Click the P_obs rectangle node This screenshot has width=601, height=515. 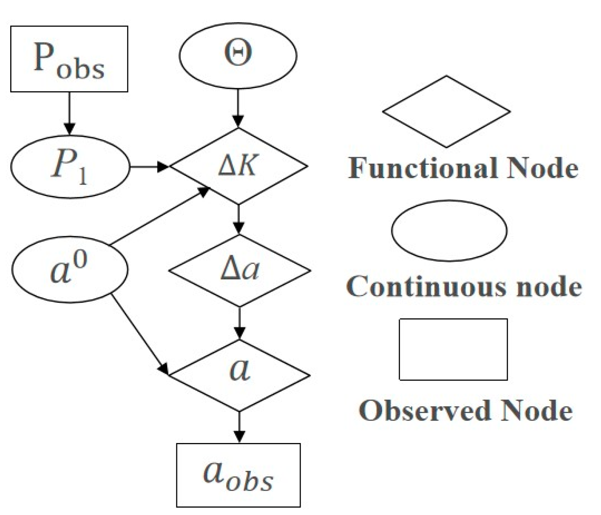coord(69,59)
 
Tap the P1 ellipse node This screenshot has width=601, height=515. coord(70,166)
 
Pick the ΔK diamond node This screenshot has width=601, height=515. coord(238,166)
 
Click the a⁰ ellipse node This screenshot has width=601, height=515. coord(70,270)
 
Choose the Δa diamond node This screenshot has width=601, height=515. coord(239,270)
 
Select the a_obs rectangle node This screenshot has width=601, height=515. coord(238,475)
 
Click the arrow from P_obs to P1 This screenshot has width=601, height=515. coord(69,113)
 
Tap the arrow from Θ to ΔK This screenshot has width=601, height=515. coord(238,109)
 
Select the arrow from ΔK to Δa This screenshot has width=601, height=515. coord(239,219)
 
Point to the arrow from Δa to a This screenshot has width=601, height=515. coord(239,323)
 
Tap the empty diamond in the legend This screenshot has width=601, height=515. coord(446,112)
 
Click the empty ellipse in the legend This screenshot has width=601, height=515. coord(449,231)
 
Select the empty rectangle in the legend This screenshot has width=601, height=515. coord(453,349)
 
